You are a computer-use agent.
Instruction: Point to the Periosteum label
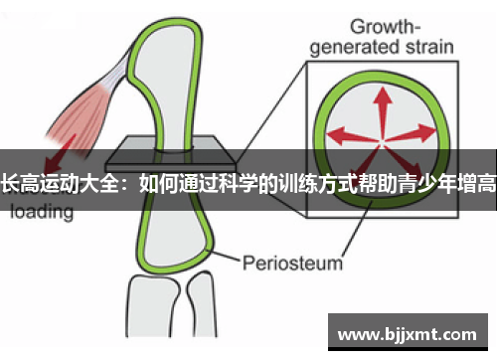[x=292, y=236]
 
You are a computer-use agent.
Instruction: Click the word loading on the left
[x=43, y=211]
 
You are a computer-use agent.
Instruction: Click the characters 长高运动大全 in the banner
[x=62, y=182]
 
